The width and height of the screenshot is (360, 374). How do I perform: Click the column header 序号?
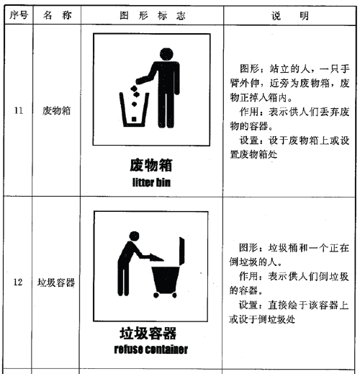pyautogui.click(x=19, y=15)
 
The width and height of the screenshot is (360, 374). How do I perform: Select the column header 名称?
pyautogui.click(x=57, y=15)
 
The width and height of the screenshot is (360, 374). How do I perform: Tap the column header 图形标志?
pyautogui.click(x=153, y=16)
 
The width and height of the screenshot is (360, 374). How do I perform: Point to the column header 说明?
pyautogui.click(x=290, y=16)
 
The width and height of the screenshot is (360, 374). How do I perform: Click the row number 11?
pyautogui.click(x=19, y=110)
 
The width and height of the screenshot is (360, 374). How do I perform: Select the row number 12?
pyautogui.click(x=18, y=282)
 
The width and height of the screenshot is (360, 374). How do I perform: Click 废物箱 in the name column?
pyautogui.click(x=57, y=111)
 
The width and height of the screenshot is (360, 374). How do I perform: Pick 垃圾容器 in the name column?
pyautogui.click(x=56, y=282)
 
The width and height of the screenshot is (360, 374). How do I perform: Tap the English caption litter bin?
pyautogui.click(x=151, y=182)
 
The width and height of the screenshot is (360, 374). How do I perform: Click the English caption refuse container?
pyautogui.click(x=151, y=349)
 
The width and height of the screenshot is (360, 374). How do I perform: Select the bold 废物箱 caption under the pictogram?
pyautogui.click(x=151, y=165)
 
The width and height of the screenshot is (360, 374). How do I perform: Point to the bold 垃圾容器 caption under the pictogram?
pyautogui.click(x=148, y=333)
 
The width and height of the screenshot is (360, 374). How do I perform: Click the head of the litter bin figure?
pyautogui.click(x=166, y=54)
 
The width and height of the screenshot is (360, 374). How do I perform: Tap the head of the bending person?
pyautogui.click(x=134, y=236)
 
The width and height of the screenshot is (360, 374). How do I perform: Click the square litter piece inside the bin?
pyautogui.click(x=134, y=119)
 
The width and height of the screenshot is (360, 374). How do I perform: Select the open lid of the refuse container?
pyautogui.click(x=182, y=251)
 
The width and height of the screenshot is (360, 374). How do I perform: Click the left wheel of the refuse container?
pyautogui.click(x=156, y=295)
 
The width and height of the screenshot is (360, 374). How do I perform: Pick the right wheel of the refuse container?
pyautogui.click(x=174, y=295)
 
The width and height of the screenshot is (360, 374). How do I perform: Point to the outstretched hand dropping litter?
pyautogui.click(x=139, y=81)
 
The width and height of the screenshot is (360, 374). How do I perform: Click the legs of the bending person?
pyautogui.click(x=123, y=279)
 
